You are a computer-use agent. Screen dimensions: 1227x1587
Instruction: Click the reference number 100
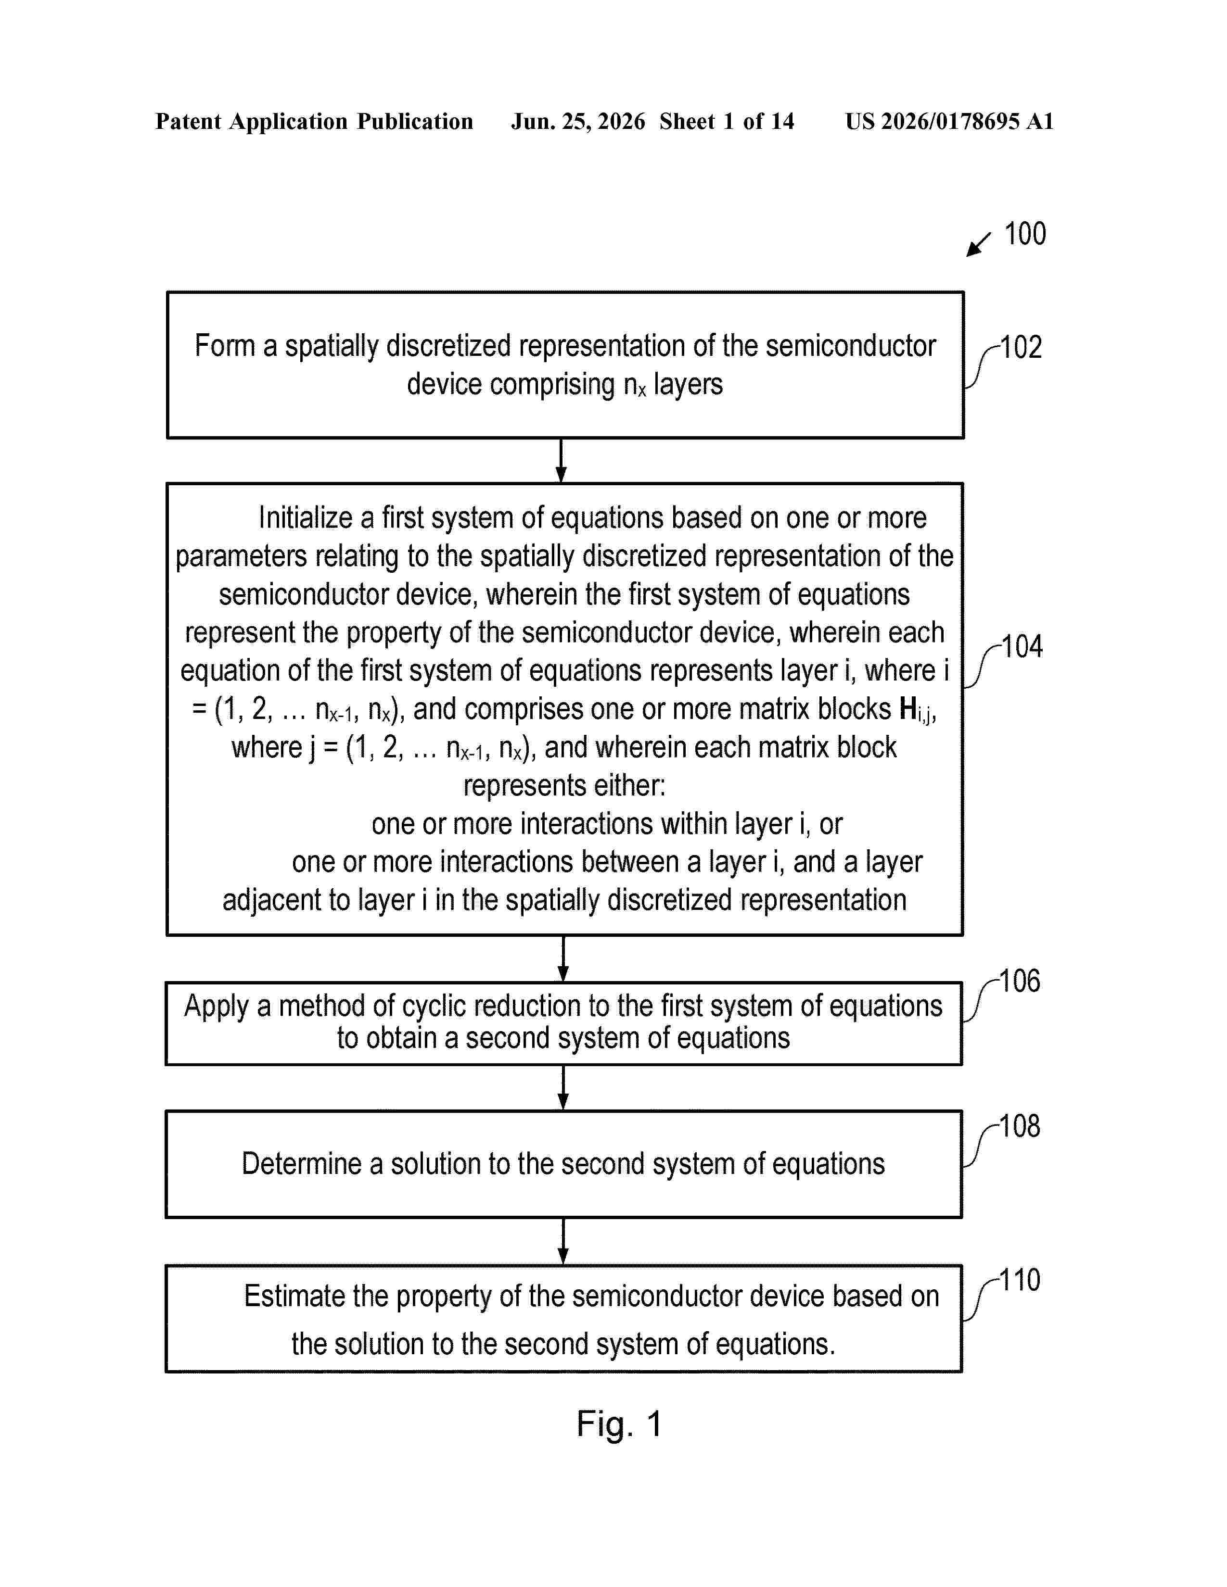point(1025,234)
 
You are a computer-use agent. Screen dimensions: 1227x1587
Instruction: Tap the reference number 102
point(1021,347)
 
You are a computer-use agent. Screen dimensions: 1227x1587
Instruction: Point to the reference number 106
point(1020,981)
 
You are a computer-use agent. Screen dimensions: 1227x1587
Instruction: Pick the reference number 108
point(1020,1126)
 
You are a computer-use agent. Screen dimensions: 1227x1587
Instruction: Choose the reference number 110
point(1020,1280)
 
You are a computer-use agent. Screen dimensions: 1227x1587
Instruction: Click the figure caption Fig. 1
point(619,1425)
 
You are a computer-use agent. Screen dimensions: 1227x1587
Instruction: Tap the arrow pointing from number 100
point(978,245)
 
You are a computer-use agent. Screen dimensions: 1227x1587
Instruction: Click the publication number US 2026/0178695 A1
point(949,121)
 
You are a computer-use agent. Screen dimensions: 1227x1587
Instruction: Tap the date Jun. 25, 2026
point(578,121)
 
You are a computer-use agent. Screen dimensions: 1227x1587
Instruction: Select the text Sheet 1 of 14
point(727,121)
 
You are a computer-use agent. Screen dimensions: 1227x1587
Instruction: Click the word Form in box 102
point(225,346)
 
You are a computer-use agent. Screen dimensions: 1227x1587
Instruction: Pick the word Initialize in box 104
point(305,518)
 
